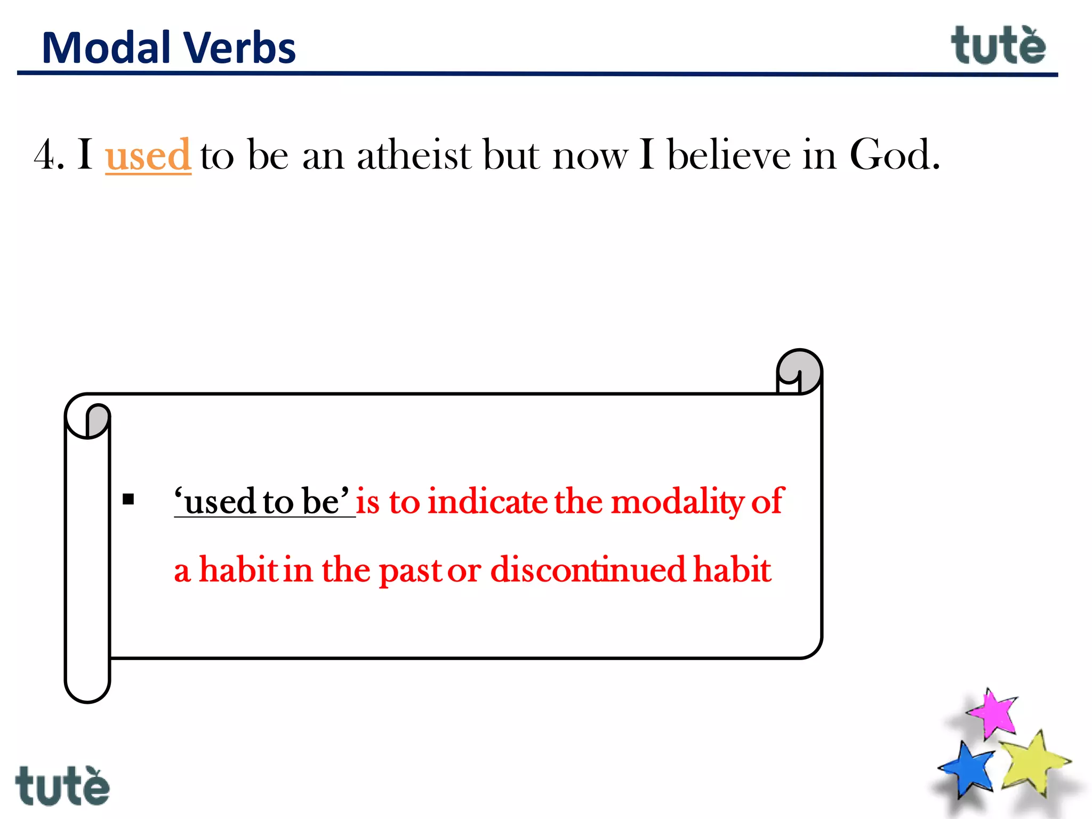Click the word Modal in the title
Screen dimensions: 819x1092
[106, 48]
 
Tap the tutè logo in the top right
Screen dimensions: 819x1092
[998, 46]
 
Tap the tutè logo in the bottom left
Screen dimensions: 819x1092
[62, 786]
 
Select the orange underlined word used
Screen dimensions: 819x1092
[148, 155]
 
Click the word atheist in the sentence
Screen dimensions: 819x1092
[414, 155]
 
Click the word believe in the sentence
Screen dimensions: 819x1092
[728, 155]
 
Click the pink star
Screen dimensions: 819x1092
[993, 713]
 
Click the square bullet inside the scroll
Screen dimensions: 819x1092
[129, 500]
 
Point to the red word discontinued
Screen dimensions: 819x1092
[588, 569]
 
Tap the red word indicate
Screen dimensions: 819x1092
[487, 502]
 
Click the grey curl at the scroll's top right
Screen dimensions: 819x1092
[800, 371]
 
